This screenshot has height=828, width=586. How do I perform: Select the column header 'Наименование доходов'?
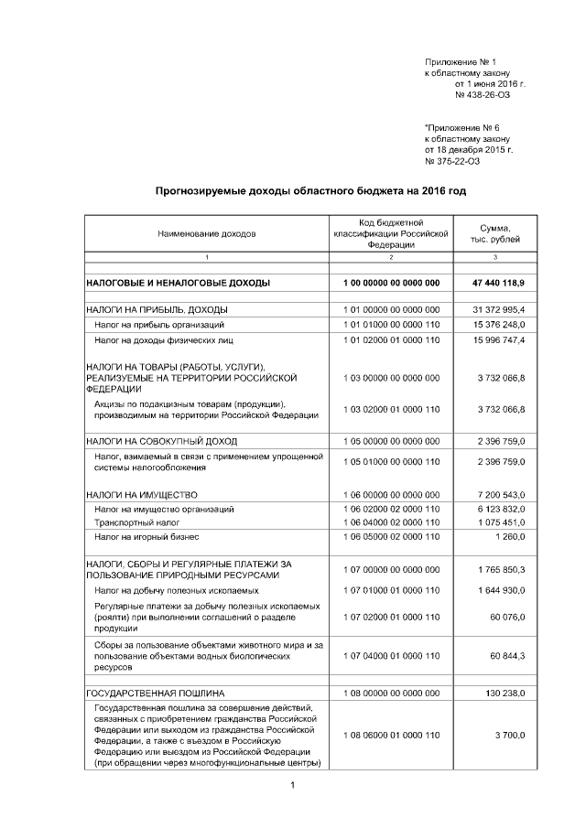coord(206,233)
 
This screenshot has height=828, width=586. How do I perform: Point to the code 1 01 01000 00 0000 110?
coord(391,325)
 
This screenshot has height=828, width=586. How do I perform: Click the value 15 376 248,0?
coord(502,325)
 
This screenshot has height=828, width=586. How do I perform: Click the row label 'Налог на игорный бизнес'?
coord(146,537)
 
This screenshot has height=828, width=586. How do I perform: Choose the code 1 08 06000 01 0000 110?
coord(391,736)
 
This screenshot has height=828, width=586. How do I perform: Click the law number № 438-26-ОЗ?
coord(483,94)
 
